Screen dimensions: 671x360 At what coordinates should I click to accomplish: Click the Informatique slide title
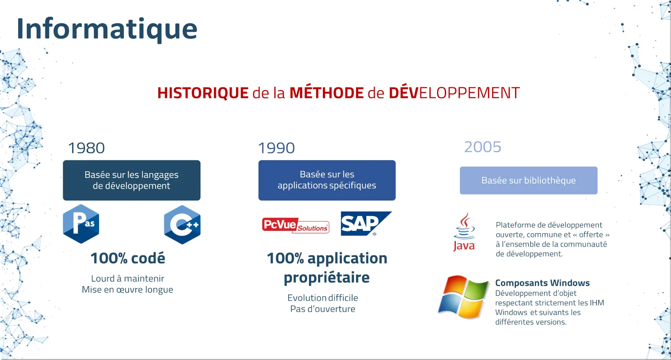[x=107, y=29]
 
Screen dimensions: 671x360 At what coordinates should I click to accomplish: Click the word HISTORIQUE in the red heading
[x=203, y=93]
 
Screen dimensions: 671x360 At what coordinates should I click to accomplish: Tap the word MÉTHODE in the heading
[x=326, y=92]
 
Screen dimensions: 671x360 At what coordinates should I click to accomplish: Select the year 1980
[x=86, y=148]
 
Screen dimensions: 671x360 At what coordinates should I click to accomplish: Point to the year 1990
[x=276, y=148]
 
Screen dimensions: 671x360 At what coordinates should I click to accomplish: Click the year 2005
[x=483, y=147]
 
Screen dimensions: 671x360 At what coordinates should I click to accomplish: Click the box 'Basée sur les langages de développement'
[x=131, y=180]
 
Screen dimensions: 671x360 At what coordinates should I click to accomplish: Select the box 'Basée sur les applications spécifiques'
[x=327, y=180]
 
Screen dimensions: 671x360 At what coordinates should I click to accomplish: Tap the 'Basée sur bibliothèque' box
[x=529, y=180]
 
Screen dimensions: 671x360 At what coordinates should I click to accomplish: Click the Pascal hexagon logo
[x=81, y=224]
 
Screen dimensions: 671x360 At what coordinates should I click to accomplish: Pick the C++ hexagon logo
[x=182, y=225]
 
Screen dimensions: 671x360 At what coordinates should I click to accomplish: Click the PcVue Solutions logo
[x=296, y=225]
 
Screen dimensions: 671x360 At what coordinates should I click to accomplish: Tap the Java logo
[x=464, y=232]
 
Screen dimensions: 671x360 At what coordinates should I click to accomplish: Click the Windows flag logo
[x=463, y=297]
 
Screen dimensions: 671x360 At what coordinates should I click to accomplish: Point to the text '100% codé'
[x=128, y=258]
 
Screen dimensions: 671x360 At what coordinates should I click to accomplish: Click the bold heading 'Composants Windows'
[x=542, y=283]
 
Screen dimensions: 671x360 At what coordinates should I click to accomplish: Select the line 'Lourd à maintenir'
[x=127, y=279]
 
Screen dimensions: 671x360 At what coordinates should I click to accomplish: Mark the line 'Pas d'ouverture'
[x=322, y=309]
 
